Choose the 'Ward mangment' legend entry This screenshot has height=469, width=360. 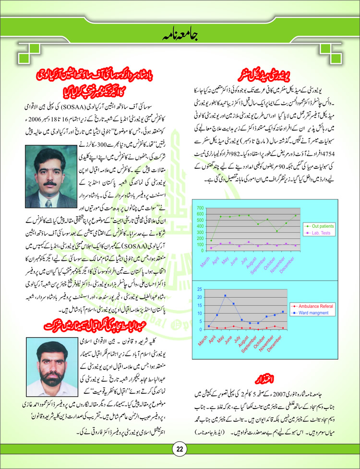(312, 312)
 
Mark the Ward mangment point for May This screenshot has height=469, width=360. (225, 296)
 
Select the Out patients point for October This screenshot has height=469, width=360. (276, 232)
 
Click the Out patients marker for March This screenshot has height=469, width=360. (212, 240)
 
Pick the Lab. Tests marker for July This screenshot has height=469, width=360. (249, 242)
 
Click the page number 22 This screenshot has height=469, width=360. (179, 449)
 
